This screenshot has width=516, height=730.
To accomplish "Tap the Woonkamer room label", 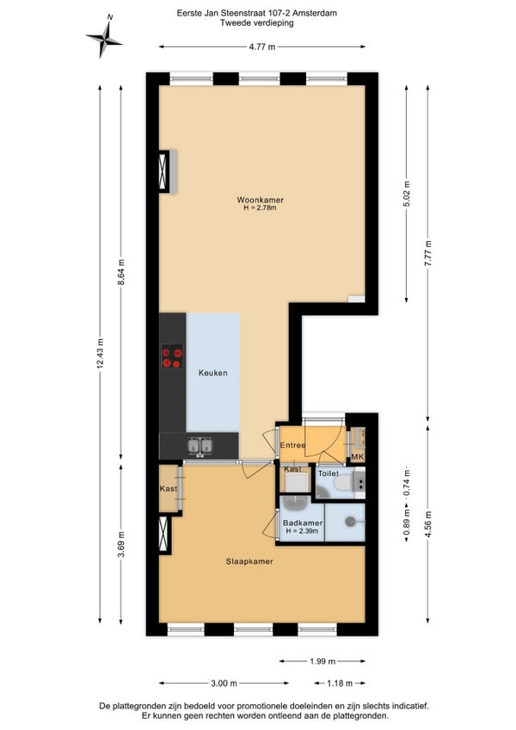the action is click(x=260, y=200).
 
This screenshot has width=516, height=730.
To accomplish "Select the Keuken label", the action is click(x=213, y=373).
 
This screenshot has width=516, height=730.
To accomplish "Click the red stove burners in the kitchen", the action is click(x=172, y=356).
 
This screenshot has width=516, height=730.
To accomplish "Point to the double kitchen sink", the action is click(x=200, y=446).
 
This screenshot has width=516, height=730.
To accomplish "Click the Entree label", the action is click(x=292, y=445).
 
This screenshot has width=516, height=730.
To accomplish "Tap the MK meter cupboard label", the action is click(x=358, y=457).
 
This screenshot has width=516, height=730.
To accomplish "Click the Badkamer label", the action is click(x=303, y=523).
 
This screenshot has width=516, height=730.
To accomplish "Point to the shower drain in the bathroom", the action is click(x=350, y=522).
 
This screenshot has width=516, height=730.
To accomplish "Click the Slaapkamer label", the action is click(x=249, y=561).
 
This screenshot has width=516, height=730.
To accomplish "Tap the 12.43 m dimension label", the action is click(x=100, y=354).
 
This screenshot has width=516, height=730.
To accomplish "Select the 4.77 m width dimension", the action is click(x=262, y=46).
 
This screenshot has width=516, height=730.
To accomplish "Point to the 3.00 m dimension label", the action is click(x=224, y=684).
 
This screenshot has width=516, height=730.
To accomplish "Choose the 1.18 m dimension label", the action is click(x=340, y=684).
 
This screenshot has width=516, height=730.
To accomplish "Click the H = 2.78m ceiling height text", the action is click(x=260, y=207).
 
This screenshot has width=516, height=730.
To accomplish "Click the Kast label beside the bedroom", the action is click(x=169, y=488).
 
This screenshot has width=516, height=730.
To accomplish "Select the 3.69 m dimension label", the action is click(x=121, y=544).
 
